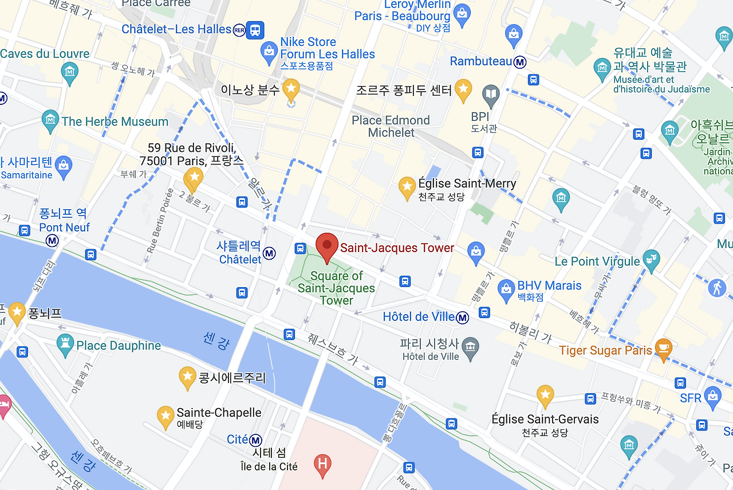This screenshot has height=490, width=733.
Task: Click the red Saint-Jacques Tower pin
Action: (x=327, y=245)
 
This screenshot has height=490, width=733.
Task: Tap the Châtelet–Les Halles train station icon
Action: (x=255, y=29)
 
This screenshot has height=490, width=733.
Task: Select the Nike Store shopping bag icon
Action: (x=269, y=52)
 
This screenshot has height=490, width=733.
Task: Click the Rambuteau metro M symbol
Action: (x=520, y=62)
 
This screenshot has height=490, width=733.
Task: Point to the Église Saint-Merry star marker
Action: (x=407, y=187)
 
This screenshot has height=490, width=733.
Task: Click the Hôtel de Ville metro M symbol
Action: (x=463, y=317)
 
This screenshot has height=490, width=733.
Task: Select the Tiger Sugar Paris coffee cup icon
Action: (x=663, y=348)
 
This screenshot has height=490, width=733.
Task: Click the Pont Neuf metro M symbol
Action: (x=53, y=241)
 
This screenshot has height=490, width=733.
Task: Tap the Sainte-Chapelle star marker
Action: (x=165, y=416)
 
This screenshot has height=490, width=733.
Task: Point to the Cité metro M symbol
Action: (x=255, y=440)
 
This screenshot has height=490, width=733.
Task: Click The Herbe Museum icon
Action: (x=51, y=120)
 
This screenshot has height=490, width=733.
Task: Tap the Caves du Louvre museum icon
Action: (x=70, y=72)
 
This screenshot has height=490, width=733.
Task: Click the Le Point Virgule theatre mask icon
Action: (x=651, y=259)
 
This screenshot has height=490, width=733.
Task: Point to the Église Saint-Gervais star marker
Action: (x=545, y=395)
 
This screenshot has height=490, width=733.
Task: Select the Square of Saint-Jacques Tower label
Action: (x=336, y=288)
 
